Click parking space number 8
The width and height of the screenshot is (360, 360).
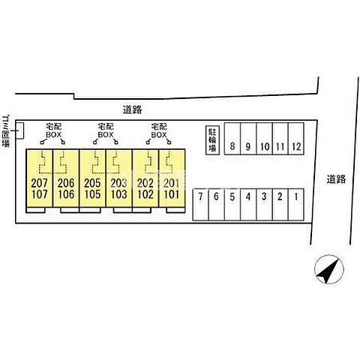(232, 139)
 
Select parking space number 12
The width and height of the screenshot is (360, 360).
(296, 139)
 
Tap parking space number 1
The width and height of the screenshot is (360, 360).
(296, 205)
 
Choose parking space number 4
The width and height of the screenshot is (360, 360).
(248, 205)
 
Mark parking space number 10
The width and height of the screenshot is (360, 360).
(264, 139)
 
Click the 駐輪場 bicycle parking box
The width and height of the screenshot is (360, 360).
(212, 140)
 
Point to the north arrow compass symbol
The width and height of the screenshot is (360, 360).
(329, 269)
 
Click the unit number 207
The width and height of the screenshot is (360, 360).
(39, 183)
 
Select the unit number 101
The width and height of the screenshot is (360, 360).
(172, 194)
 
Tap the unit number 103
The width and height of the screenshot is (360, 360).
(118, 194)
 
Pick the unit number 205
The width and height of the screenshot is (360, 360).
(92, 183)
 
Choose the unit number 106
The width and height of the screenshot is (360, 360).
(66, 194)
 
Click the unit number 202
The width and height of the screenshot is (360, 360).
(145, 183)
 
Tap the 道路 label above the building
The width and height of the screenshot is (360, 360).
(132, 109)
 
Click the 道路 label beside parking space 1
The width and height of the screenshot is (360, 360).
(336, 179)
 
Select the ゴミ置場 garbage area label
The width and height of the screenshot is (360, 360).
(6, 131)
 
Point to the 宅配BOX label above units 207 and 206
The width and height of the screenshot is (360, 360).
(53, 130)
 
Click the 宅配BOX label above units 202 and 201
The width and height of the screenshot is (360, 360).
(159, 130)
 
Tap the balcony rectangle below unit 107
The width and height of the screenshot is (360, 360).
(36, 210)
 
